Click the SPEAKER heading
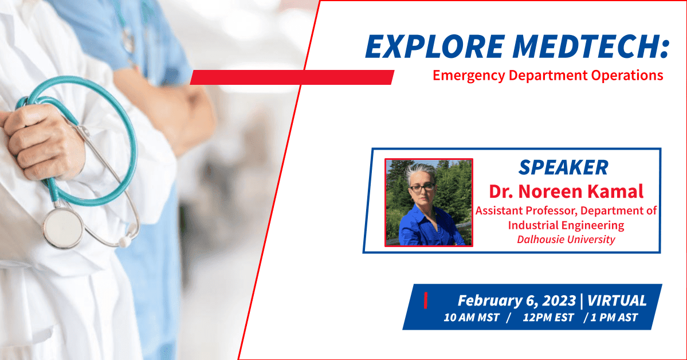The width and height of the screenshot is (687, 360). point(563,167)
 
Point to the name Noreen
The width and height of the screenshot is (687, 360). point(550,191)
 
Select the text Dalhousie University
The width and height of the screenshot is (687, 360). point(566,240)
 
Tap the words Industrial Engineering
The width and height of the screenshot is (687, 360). point(566,225)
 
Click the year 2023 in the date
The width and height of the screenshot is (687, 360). point(559,301)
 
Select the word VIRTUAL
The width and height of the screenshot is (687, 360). point(617,301)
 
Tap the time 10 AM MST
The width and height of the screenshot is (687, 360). point(472,318)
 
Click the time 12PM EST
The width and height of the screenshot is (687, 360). point(548,318)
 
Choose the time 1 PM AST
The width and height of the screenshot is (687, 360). point(614,318)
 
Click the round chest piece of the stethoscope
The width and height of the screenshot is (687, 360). point(62,226)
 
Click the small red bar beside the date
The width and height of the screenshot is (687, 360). point(425,301)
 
